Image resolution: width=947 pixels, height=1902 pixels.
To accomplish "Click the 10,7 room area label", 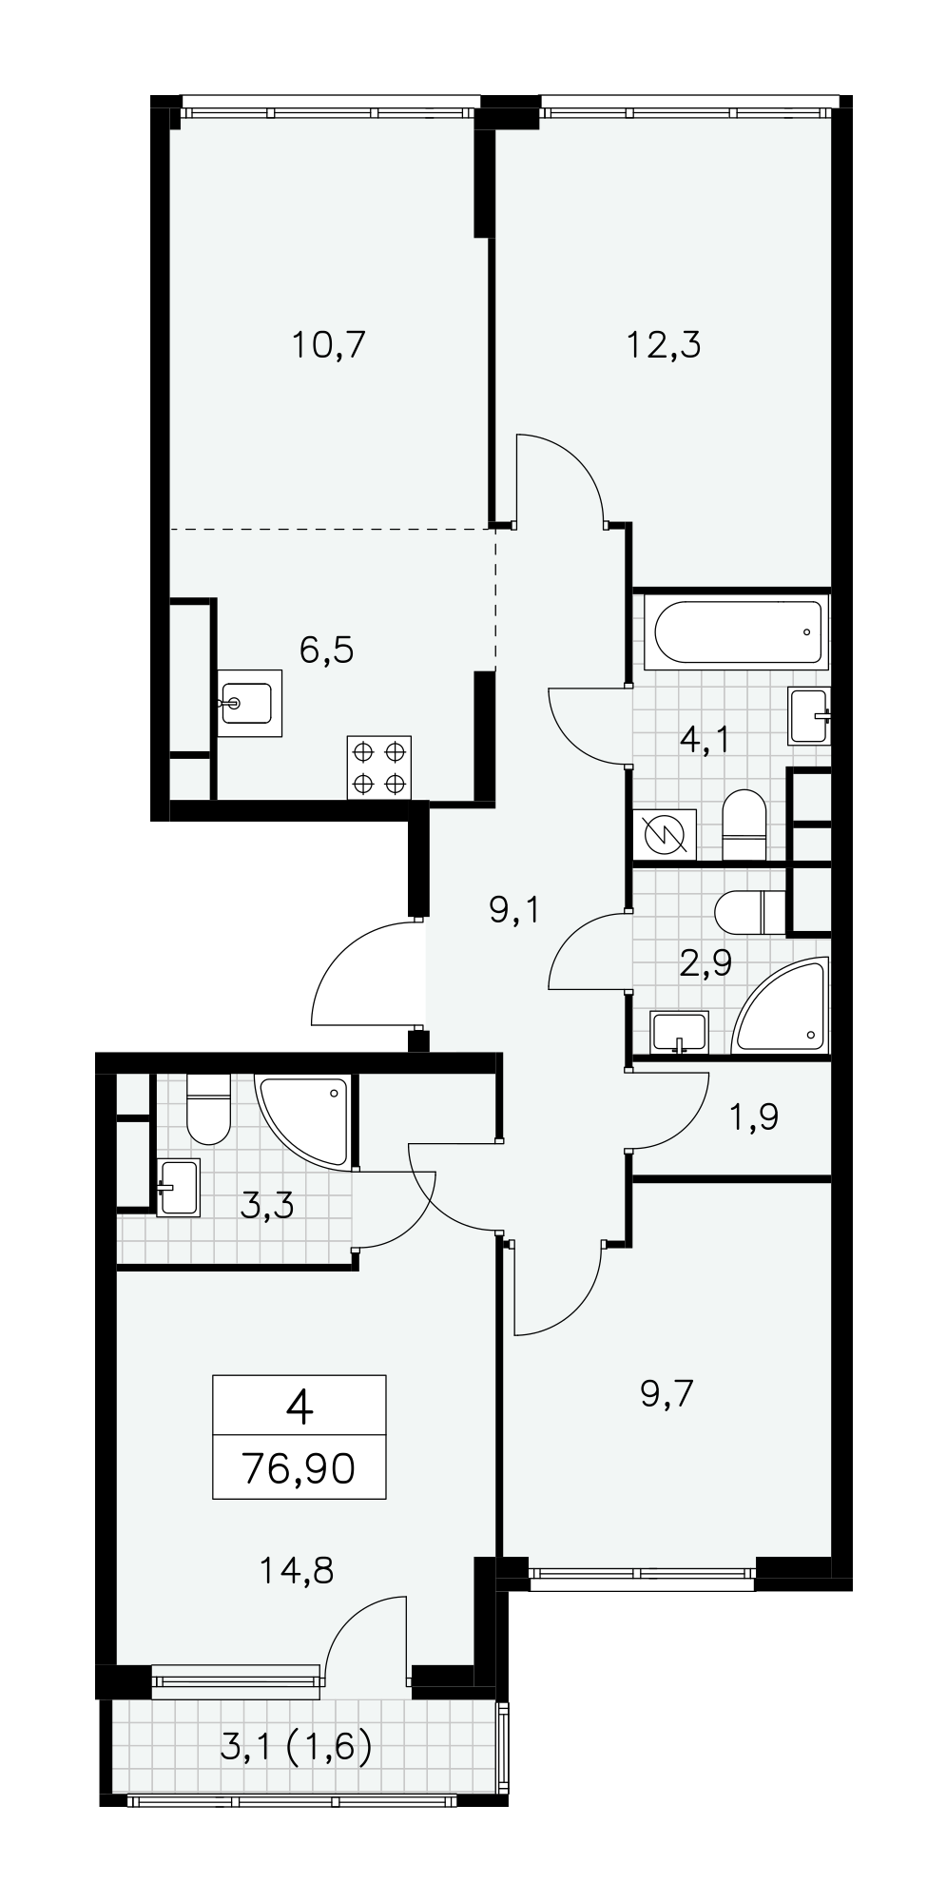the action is coord(328,344).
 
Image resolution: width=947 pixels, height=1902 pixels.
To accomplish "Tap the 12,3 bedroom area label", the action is coord(663,344).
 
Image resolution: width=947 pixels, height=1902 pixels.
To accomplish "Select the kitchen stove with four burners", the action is coord(379,767).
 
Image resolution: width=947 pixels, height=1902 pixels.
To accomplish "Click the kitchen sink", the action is coord(250,703).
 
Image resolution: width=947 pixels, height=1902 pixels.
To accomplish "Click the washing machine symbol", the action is coord(665,835).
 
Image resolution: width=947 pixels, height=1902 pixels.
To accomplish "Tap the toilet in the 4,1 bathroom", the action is coord(744,825).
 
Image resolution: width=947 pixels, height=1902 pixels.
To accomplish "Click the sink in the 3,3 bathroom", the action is coord(178,1187).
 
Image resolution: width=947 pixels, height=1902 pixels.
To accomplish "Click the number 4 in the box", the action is coord(299,1407).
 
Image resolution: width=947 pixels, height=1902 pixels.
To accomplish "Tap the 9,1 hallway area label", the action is coord(514,911).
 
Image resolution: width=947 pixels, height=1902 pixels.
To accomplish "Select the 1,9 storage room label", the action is coord(755,1117).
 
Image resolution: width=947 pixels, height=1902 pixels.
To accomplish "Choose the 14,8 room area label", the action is coord(296,1570).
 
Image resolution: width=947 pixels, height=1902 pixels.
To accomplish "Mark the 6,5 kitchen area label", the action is coord(326,650).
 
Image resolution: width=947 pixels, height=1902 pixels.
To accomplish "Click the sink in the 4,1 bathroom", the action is coord(809,715).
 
